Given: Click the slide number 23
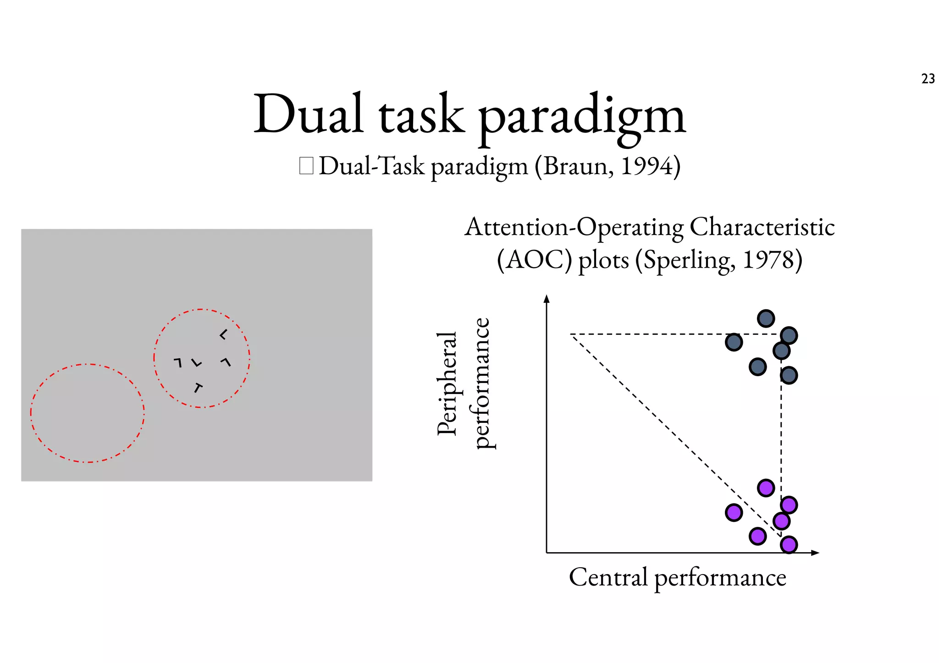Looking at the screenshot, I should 928,79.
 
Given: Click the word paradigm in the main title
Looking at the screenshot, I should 582,115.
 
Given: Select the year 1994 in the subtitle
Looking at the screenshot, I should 647,166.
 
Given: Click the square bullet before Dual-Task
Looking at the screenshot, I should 306,166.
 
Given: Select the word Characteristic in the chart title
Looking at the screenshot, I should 762,227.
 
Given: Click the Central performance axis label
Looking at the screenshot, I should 677,577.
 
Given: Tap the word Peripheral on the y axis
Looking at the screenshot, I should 447,383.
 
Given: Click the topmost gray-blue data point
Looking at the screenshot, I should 766,318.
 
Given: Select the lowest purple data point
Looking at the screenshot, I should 789,545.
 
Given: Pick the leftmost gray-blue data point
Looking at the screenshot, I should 734,342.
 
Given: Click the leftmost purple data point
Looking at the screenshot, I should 734,512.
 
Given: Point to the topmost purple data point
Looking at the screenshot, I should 766,488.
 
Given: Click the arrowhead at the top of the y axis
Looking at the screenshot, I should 546,299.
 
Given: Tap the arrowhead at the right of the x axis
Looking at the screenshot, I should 815,553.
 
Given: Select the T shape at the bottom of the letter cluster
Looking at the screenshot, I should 198,388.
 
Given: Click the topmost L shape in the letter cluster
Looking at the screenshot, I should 223,335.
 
